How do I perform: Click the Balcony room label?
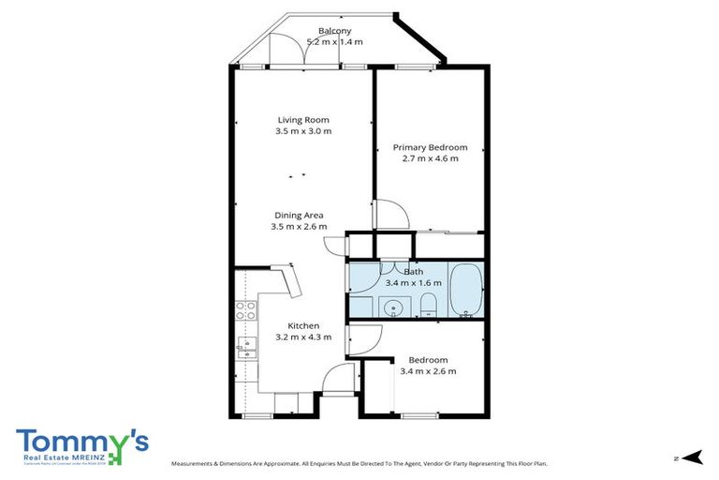tap(334, 30)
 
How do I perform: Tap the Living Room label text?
tap(303, 120)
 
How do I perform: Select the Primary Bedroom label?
tap(430, 147)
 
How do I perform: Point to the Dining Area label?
tap(299, 216)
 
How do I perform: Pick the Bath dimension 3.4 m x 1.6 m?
tap(413, 282)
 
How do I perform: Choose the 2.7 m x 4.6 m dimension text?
tap(430, 158)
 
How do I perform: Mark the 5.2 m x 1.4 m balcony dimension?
tap(334, 41)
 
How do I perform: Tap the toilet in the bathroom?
tap(429, 304)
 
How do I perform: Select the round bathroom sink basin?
tap(391, 306)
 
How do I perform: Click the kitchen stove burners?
tap(245, 310)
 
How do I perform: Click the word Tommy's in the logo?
tap(81, 442)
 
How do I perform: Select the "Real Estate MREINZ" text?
tap(62, 457)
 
